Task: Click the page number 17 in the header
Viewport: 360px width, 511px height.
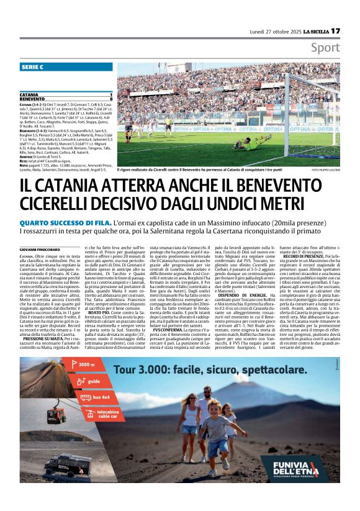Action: pos(335,30)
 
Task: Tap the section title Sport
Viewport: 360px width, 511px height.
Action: pos(325,48)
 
